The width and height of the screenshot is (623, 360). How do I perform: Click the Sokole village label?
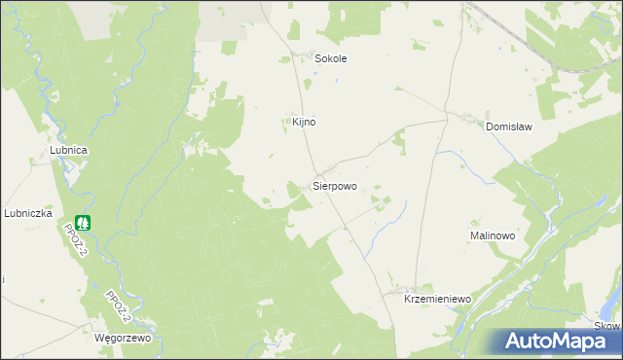click(x=331, y=58)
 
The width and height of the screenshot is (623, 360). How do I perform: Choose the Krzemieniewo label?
click(x=437, y=301)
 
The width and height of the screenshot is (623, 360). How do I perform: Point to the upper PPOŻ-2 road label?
click(x=76, y=239)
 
